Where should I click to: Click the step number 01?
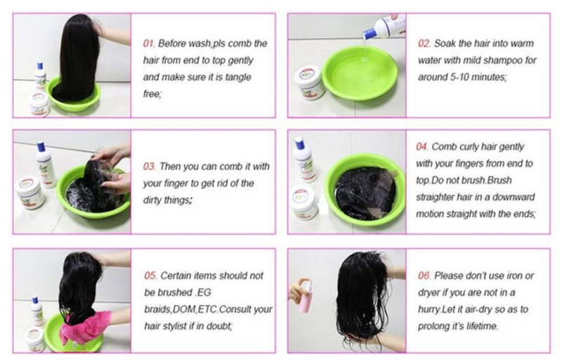(149, 44)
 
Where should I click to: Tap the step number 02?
(424, 44)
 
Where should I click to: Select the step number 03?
(149, 167)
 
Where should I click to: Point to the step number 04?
(422, 147)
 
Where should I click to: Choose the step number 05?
(150, 276)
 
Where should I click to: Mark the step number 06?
(424, 276)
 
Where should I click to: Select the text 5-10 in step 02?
(461, 77)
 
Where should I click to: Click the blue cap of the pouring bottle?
(369, 34)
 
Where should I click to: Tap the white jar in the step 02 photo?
(308, 83)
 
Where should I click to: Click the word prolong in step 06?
(436, 327)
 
